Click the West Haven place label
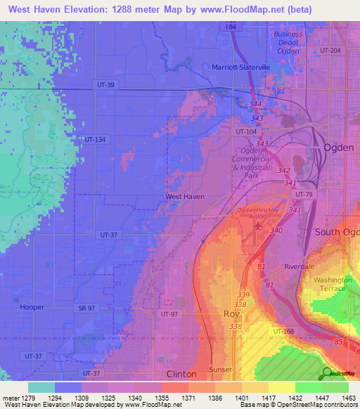click(x=184, y=197)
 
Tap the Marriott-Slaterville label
click(x=241, y=67)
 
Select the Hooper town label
click(x=32, y=308)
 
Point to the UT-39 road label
click(x=103, y=84)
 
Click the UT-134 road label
click(x=95, y=140)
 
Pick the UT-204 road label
click(x=329, y=51)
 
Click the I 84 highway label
click(x=231, y=26)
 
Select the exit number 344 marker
click(x=255, y=105)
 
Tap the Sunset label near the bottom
click(x=219, y=369)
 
